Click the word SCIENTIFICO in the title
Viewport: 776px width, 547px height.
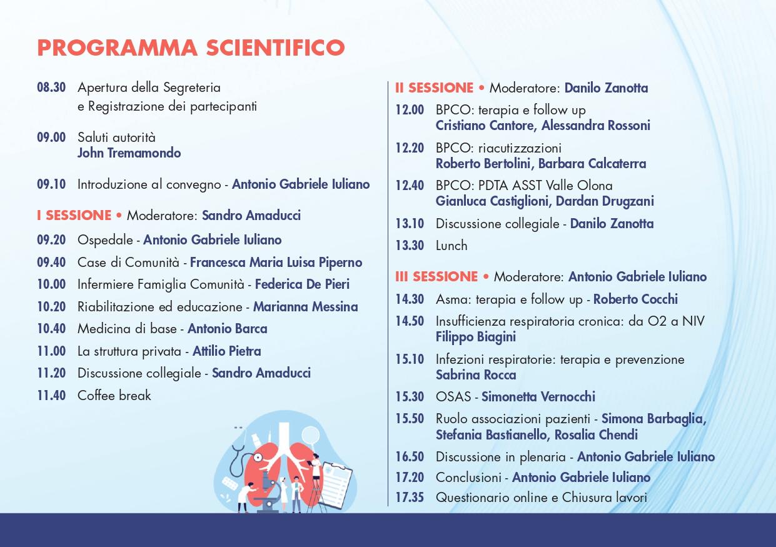click(x=275, y=48)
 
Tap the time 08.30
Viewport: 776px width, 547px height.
click(x=51, y=88)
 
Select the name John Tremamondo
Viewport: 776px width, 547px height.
click(x=129, y=153)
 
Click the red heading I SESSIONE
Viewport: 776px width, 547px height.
click(x=74, y=216)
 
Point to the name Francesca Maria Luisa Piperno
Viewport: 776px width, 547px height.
click(x=276, y=263)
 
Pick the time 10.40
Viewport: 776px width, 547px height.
click(x=51, y=328)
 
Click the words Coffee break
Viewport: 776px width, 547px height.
click(x=114, y=395)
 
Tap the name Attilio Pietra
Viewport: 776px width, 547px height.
click(x=227, y=351)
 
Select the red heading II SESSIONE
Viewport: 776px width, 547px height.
click(x=435, y=88)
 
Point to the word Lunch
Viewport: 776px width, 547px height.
click(x=451, y=246)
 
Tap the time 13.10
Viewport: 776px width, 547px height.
click(x=410, y=224)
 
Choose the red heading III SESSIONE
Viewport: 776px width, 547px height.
click(x=436, y=277)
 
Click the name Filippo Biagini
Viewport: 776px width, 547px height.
click(x=476, y=337)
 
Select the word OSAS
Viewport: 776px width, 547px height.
click(x=453, y=396)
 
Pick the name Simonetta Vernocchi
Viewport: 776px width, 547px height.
click(x=538, y=396)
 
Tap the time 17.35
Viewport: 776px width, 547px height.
click(x=410, y=498)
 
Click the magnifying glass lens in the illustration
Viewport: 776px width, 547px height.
click(x=310, y=434)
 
